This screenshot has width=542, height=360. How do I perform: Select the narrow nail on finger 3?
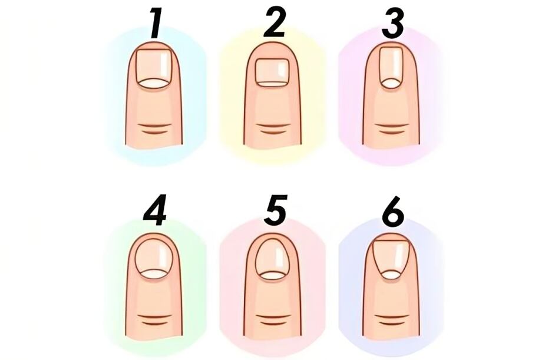[x=390, y=67]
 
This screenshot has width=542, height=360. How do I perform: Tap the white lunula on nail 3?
[x=390, y=84]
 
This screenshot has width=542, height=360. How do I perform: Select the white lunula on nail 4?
[x=154, y=273]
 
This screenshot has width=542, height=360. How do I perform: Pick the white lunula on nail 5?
[x=272, y=275]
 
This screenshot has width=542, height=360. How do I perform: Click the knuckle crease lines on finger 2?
[x=272, y=129]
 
